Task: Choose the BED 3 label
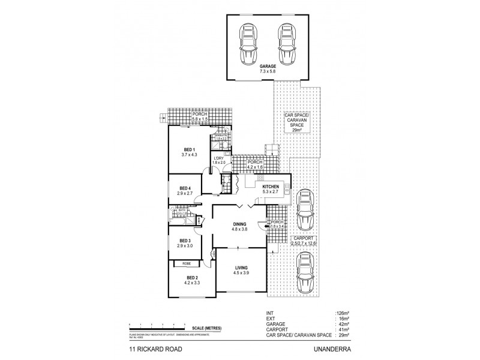185,243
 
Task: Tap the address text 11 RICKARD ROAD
153,347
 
